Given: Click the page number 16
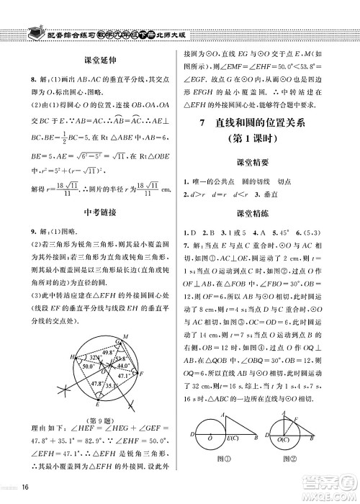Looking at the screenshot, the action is click(25, 492).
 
